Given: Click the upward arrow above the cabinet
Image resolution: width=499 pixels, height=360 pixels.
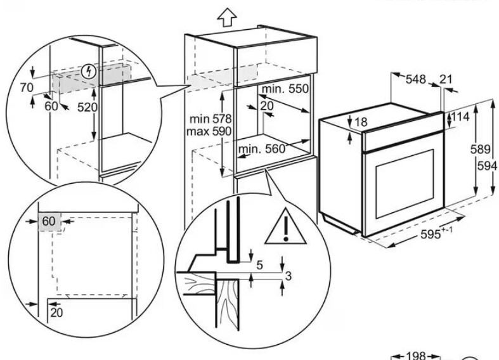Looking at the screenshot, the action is [x=227, y=17].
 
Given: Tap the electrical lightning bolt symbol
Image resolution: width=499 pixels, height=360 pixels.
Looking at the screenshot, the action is [x=89, y=72].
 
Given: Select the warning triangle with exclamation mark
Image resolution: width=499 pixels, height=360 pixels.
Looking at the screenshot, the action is [x=285, y=227].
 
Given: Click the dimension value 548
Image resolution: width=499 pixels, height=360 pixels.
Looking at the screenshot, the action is [x=415, y=79].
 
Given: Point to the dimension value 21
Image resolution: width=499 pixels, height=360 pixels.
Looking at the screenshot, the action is [x=446, y=79].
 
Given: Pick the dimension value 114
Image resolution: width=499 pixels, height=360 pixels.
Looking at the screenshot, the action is [x=460, y=117].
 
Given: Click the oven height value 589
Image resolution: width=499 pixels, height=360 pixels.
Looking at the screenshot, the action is [x=480, y=149].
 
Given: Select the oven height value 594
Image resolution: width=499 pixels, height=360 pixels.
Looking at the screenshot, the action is [x=487, y=165].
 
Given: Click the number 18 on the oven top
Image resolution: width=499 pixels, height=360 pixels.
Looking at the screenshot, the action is [x=361, y=122].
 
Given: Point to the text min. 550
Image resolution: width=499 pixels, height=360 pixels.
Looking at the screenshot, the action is [x=285, y=89].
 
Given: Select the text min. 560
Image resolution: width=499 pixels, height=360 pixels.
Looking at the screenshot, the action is [x=262, y=148].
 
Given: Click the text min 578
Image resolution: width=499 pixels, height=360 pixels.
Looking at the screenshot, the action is [x=211, y=119].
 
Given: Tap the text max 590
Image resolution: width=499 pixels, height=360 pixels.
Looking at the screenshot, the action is [x=209, y=131].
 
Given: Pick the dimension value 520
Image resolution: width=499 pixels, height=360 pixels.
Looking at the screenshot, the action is [x=87, y=108].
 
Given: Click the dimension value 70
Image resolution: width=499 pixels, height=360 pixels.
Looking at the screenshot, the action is [x=27, y=87].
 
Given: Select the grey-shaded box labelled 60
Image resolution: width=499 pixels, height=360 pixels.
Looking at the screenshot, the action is [x=49, y=221].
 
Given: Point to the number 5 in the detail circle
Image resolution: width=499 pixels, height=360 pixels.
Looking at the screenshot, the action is [x=260, y=265].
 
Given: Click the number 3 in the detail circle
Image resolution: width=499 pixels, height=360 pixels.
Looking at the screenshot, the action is [x=288, y=276].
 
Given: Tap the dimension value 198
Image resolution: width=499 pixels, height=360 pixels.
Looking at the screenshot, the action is [x=415, y=356].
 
